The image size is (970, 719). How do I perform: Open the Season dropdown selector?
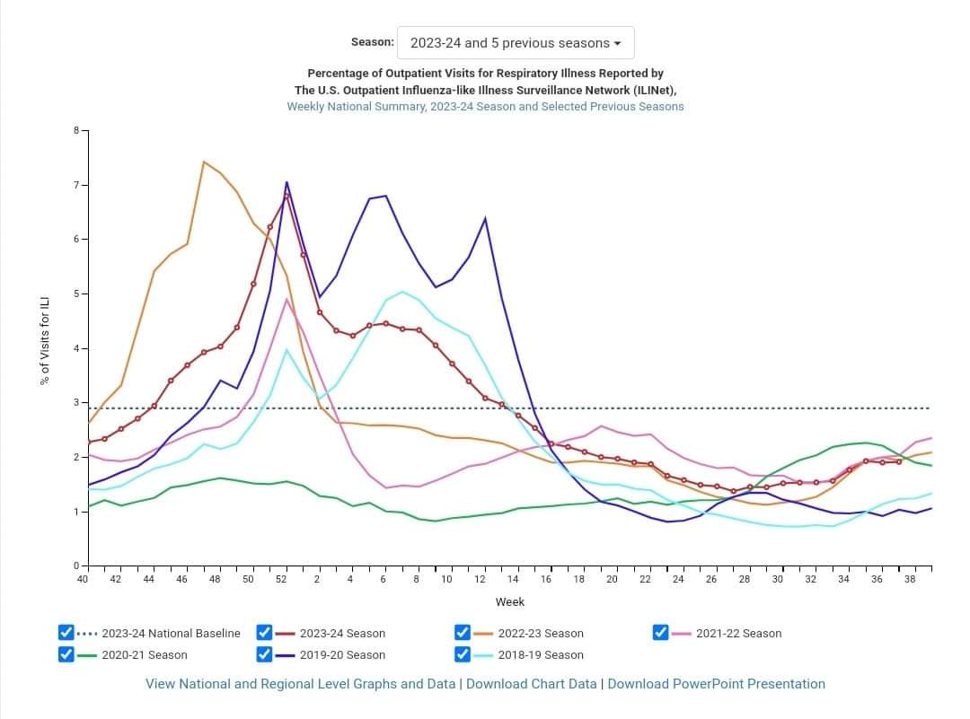(x=516, y=43)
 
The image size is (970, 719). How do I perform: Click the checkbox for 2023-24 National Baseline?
(x=66, y=633)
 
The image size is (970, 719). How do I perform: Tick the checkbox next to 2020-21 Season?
(x=66, y=654)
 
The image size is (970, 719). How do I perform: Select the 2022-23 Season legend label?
(x=540, y=633)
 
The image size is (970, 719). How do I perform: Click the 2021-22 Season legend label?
(x=738, y=633)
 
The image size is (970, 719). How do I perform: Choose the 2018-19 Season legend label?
(x=540, y=654)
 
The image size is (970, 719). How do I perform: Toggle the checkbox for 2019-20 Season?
(x=265, y=654)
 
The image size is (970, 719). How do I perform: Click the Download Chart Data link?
(x=531, y=684)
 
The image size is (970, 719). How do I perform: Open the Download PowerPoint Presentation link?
(x=716, y=684)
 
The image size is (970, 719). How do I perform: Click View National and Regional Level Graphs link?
(x=300, y=684)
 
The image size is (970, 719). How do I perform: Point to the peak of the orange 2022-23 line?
(x=204, y=162)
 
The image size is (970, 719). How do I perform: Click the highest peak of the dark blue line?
(x=287, y=182)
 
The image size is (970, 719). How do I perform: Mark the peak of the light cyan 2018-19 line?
(x=402, y=291)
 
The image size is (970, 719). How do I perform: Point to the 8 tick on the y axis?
(x=76, y=131)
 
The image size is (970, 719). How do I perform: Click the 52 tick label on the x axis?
(x=280, y=580)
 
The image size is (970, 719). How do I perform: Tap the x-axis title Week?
(x=509, y=601)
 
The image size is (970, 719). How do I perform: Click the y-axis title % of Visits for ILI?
(x=45, y=340)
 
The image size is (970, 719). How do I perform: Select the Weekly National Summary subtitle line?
(x=485, y=106)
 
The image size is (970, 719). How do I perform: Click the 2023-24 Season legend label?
(x=341, y=633)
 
